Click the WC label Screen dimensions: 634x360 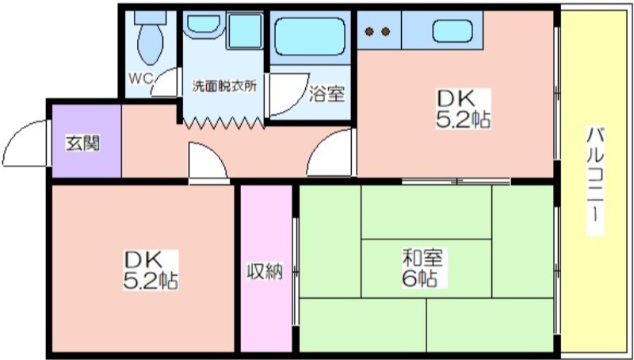click(140, 78)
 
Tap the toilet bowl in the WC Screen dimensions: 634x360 click(151, 44)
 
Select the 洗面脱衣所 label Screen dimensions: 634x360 click(223, 86)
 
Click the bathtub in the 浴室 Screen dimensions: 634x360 click(310, 36)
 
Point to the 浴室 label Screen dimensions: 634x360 click(327, 94)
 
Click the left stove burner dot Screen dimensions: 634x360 click(369, 31)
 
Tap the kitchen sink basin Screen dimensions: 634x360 click(452, 31)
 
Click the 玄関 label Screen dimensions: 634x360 click(83, 144)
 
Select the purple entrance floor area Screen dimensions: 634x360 click(86, 141)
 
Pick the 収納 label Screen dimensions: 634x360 click(265, 271)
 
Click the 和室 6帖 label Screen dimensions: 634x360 click(422, 267)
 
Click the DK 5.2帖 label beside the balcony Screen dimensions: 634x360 click(463, 109)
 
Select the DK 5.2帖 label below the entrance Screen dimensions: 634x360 click(151, 270)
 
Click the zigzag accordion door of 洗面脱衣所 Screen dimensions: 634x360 click(223, 123)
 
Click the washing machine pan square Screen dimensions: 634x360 click(244, 31)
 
